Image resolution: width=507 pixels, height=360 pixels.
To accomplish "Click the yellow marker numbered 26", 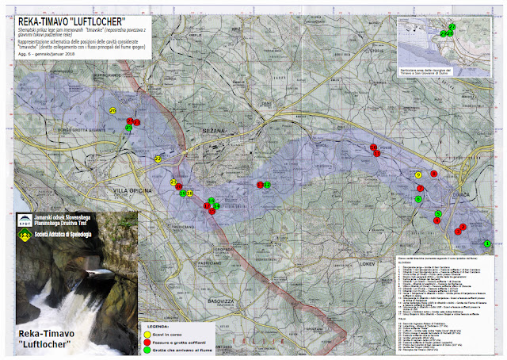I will point(113,110).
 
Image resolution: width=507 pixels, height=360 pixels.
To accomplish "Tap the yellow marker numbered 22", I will point(158,159).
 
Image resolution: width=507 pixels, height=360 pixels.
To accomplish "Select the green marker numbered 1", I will point(487,243).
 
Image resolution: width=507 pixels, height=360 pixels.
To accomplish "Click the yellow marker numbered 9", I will point(417,175).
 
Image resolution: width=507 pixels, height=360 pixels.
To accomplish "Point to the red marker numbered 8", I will point(433,174).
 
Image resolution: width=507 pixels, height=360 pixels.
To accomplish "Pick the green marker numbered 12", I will point(267,185).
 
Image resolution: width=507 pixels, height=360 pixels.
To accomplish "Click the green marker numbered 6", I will point(417,199).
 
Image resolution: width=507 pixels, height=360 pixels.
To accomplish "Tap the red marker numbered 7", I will point(421,188).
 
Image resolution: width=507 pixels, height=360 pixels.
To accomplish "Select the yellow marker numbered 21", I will point(173,182).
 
